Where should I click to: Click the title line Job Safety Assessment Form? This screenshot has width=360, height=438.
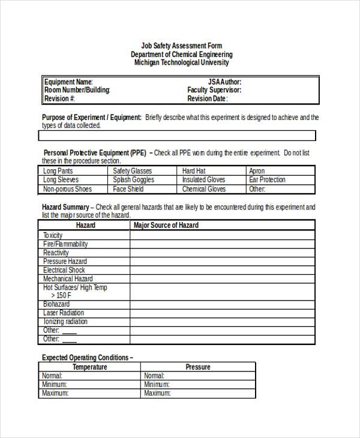click(x=181, y=46)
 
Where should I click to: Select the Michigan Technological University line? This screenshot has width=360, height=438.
click(x=181, y=62)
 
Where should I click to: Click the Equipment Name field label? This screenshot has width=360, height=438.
click(x=68, y=82)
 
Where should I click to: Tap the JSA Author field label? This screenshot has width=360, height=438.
click(x=224, y=82)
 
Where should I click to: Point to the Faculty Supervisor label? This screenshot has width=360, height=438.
click(x=214, y=90)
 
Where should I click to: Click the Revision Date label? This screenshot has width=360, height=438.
click(x=208, y=98)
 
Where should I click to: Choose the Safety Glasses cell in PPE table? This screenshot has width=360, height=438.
click(x=133, y=171)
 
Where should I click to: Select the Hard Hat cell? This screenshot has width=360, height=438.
click(x=194, y=171)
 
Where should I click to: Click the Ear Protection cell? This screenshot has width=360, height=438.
click(x=267, y=179)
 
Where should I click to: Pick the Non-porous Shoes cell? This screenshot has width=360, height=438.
click(x=67, y=189)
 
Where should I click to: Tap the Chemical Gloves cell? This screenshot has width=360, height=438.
click(x=204, y=189)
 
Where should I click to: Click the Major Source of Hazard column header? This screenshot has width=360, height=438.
click(x=166, y=225)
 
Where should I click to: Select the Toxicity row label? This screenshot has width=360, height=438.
click(x=53, y=235)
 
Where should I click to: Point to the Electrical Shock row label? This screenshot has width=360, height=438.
click(x=64, y=270)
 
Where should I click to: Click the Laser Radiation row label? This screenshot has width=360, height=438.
click(x=64, y=313)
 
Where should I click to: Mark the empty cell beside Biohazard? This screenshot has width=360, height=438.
click(x=222, y=304)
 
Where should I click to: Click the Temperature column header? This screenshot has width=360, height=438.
click(x=90, y=367)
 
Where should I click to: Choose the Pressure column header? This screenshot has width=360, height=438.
click(x=198, y=367)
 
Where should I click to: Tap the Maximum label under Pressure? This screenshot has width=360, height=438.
click(x=157, y=393)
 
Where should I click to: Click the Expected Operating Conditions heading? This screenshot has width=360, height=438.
click(x=87, y=358)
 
